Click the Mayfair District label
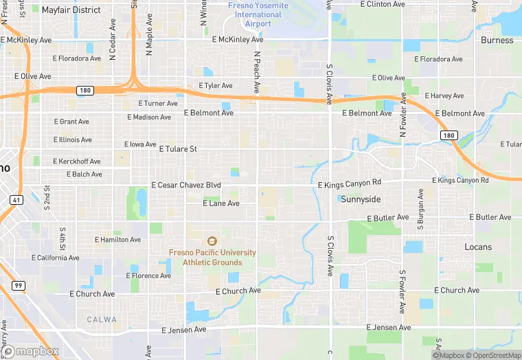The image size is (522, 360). [x=71, y=10]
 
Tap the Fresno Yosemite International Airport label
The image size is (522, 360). [x=258, y=14]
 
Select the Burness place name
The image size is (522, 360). [x=497, y=40]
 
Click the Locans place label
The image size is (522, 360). [x=478, y=247]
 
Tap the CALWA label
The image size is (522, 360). [x=102, y=319]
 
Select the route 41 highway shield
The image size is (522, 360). [x=16, y=199]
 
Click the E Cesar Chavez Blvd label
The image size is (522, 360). [x=186, y=185]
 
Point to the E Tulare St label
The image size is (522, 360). [x=178, y=148]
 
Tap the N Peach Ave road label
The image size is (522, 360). [x=257, y=72]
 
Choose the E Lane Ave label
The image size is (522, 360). [x=221, y=203]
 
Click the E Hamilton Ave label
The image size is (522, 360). [x=117, y=240]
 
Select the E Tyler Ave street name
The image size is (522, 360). [x=216, y=86]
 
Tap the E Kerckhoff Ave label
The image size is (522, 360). [x=77, y=161]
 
